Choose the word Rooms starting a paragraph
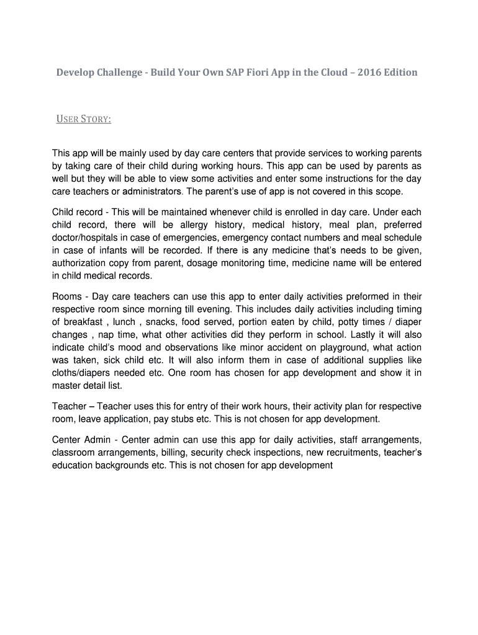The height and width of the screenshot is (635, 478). click(x=66, y=297)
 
